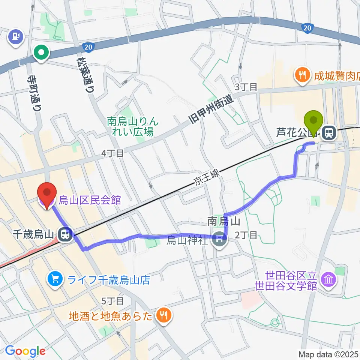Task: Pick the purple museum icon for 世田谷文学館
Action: click(329, 279)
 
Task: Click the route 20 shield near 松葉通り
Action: click(87, 47)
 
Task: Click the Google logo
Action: click(25, 351)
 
